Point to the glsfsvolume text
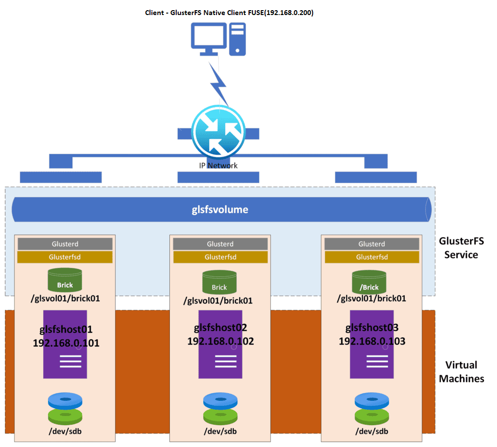pyautogui.click(x=220, y=209)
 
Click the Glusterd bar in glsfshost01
pyautogui.click(x=65, y=244)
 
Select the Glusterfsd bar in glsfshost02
pyautogui.click(x=220, y=257)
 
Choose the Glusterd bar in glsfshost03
pyautogui.click(x=371, y=244)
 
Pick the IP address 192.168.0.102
pyautogui.click(x=220, y=341)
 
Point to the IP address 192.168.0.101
pyautogui.click(x=66, y=343)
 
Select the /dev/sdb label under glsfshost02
pyautogui.click(x=220, y=431)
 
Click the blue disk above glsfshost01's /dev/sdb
pyautogui.click(x=65, y=400)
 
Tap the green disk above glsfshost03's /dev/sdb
pyautogui.click(x=371, y=415)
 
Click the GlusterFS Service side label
pyautogui.click(x=461, y=247)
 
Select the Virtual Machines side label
pyautogui.click(x=461, y=371)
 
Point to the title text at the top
pyautogui.click(x=229, y=13)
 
